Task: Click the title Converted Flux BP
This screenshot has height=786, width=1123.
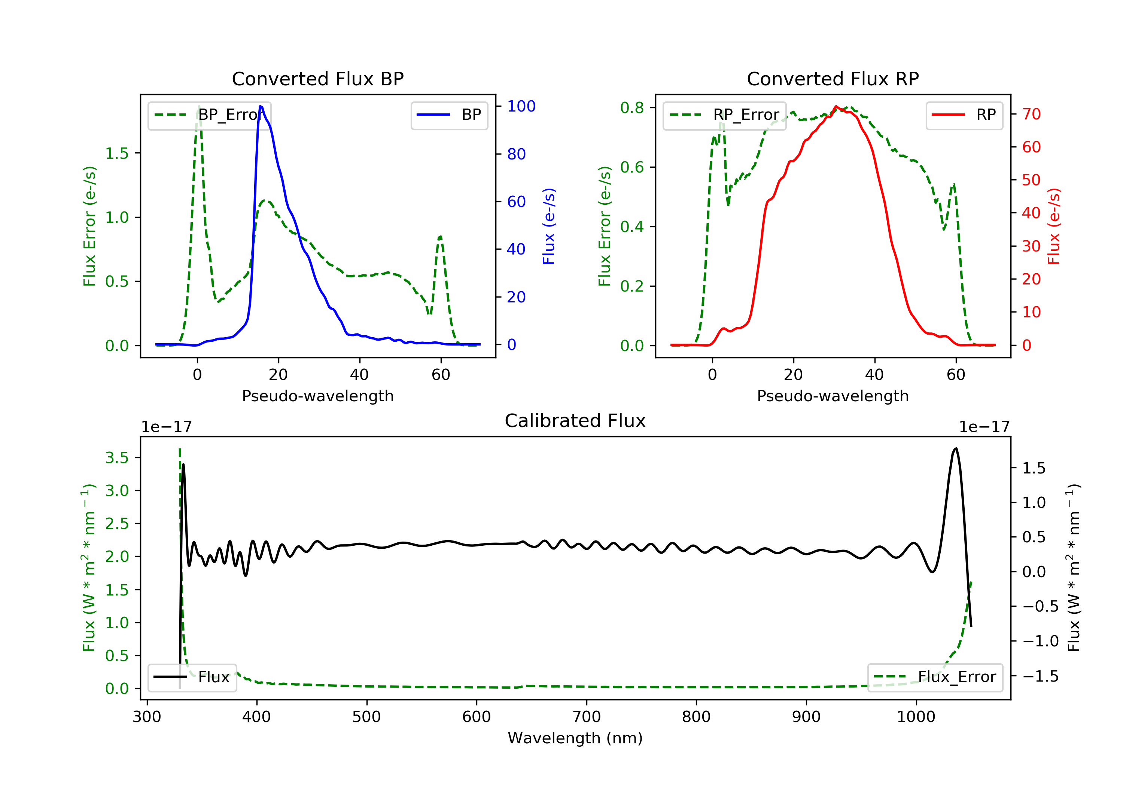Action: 317,79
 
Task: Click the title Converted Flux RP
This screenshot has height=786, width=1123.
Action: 833,79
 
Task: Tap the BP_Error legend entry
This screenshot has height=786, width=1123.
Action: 209,115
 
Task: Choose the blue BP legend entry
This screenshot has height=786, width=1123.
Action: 449,115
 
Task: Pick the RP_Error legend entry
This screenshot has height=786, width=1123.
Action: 724,115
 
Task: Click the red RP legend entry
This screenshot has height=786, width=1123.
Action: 964,115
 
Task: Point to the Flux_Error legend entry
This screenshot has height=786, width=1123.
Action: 935,677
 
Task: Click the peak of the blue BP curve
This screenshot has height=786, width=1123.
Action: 261,106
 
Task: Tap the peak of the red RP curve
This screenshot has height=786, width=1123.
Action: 836,107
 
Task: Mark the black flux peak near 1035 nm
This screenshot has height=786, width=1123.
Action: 956,448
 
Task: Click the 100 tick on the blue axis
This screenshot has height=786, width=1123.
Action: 521,106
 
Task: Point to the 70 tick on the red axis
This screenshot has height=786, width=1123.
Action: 1031,114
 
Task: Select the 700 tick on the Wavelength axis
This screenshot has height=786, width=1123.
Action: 587,717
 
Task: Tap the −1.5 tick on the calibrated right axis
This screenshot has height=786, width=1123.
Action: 1040,676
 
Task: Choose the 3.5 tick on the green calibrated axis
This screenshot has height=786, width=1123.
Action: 117,458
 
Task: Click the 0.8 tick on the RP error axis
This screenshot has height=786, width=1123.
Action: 632,107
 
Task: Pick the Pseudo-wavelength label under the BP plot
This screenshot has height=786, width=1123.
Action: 317,396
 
